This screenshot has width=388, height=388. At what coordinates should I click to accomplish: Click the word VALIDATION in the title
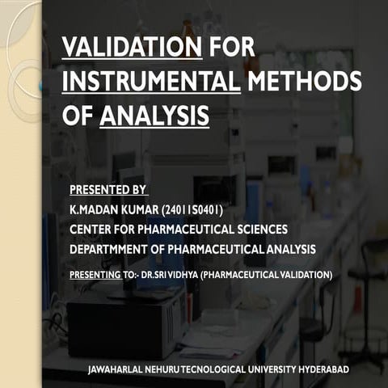coord(132,47)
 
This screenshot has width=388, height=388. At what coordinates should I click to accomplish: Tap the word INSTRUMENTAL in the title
coord(150,82)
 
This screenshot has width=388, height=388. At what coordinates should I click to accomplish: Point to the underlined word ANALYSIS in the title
coord(154,116)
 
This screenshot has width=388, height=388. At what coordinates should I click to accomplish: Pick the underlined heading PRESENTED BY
coord(108,191)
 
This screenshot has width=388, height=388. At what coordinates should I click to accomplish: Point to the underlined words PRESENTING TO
coord(103,275)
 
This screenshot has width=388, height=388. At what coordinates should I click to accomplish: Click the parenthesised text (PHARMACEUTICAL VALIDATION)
coord(267,275)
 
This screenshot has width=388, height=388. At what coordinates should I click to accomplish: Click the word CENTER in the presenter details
coord(92,230)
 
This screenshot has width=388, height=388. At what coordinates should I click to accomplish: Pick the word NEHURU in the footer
coord(160,369)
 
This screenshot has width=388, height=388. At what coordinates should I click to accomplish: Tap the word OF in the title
coord(77,116)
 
